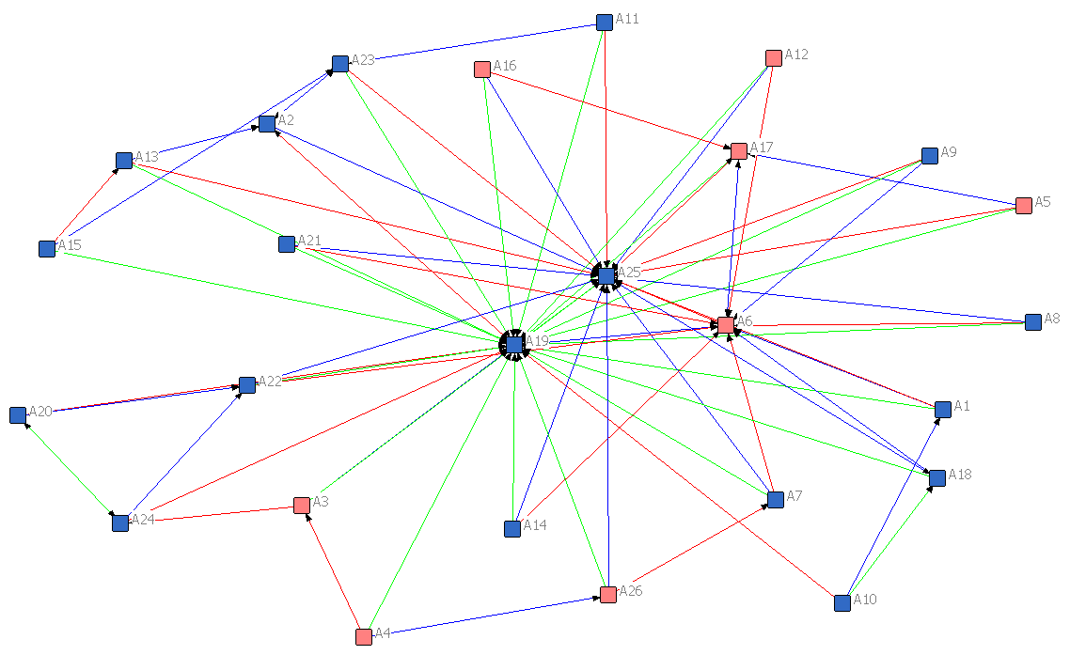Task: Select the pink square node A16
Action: click(x=482, y=69)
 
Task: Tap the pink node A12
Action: click(x=774, y=58)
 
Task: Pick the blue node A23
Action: click(x=339, y=64)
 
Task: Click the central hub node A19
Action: click(x=514, y=345)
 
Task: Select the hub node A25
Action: click(x=606, y=275)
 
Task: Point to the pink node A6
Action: click(x=726, y=324)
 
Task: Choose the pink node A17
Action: click(x=739, y=150)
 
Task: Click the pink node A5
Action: click(x=1024, y=206)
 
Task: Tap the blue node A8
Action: click(x=1033, y=322)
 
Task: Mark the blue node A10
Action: click(x=842, y=602)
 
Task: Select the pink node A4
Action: click(x=364, y=636)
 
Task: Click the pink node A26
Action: click(x=608, y=594)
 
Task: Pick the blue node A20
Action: click(x=18, y=414)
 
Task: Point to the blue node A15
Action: click(x=47, y=248)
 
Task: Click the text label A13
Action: click(x=147, y=156)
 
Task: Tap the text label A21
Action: click(x=309, y=241)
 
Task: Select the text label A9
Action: click(x=949, y=151)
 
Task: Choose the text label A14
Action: click(x=534, y=524)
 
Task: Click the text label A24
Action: click(x=142, y=519)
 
